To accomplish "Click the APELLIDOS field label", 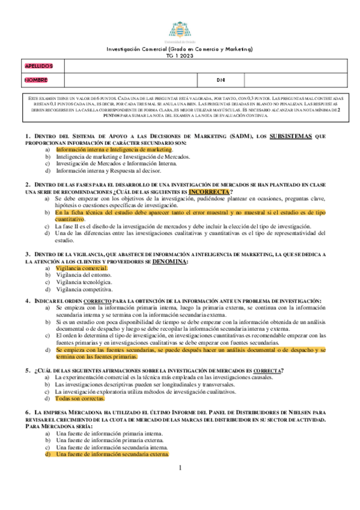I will coord(39,66).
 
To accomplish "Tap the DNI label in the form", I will coord(221,79).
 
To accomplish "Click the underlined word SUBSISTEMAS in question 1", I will coord(290,137).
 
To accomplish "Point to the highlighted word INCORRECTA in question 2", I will coord(209,192).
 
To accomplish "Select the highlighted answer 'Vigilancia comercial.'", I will coord(79,268).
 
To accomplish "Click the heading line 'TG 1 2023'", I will coord(180,55).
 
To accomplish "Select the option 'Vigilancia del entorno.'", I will coord(83,275).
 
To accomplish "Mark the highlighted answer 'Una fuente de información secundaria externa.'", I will coord(112,455).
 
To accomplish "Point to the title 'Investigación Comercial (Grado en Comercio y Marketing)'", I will coord(180,49).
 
